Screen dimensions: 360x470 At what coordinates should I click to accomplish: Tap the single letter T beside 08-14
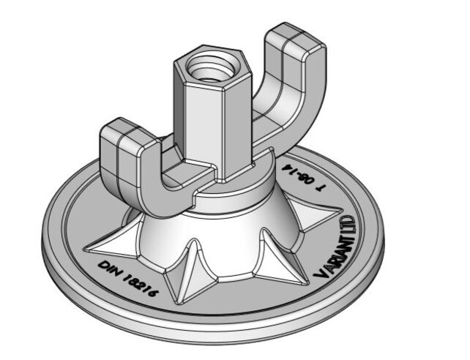pyautogui.click(x=320, y=188)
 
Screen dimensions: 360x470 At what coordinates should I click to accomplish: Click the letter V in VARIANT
pyautogui.click(x=320, y=271)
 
